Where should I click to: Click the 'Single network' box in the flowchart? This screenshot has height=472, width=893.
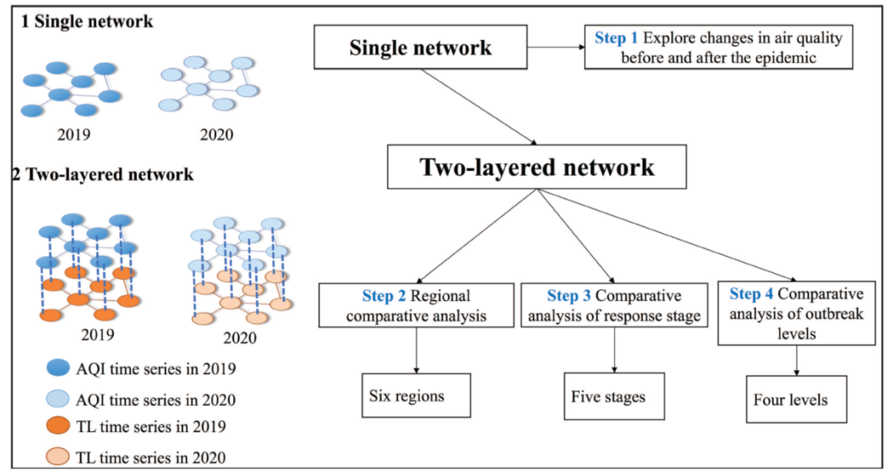point(421,47)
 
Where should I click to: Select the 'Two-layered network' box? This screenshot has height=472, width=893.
point(536,167)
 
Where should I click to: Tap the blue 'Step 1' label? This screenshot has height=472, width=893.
point(616,38)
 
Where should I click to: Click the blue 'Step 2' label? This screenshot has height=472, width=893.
point(384,296)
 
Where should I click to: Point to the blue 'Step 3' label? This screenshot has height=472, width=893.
point(569,296)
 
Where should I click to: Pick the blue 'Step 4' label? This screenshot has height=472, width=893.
point(751,294)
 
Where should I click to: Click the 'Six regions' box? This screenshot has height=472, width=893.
point(416,396)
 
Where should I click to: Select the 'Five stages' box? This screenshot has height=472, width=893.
point(614,396)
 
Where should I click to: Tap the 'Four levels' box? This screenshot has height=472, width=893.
point(796,400)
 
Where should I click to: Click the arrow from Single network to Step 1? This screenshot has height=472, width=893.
point(555,47)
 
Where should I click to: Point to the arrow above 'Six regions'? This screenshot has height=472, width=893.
point(417,350)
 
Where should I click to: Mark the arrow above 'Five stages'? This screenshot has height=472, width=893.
point(615,349)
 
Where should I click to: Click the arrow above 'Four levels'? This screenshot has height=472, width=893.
point(796,360)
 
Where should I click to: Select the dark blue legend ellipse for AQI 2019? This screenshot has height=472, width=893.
point(58,368)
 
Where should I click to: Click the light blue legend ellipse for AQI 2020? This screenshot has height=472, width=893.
point(58,399)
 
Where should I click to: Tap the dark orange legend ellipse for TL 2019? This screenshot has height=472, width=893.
point(58,425)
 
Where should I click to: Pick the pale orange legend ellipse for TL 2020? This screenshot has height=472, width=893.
point(58,456)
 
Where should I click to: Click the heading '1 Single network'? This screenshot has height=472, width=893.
point(87,21)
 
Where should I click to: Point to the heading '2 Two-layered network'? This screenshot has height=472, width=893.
point(103,174)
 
